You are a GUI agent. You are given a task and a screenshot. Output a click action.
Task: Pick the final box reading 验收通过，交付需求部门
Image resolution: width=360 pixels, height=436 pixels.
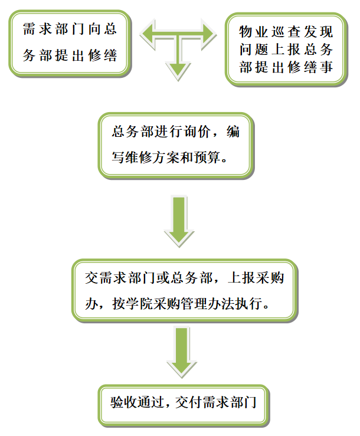[x=184, y=404]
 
